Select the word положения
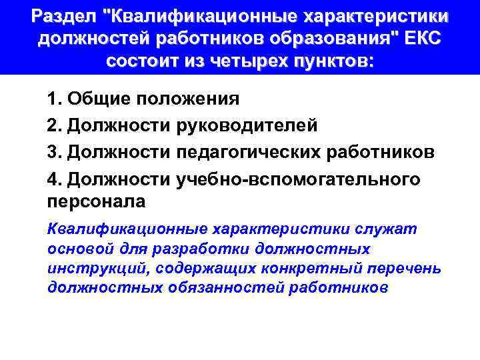[189, 101]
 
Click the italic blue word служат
[382, 229]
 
